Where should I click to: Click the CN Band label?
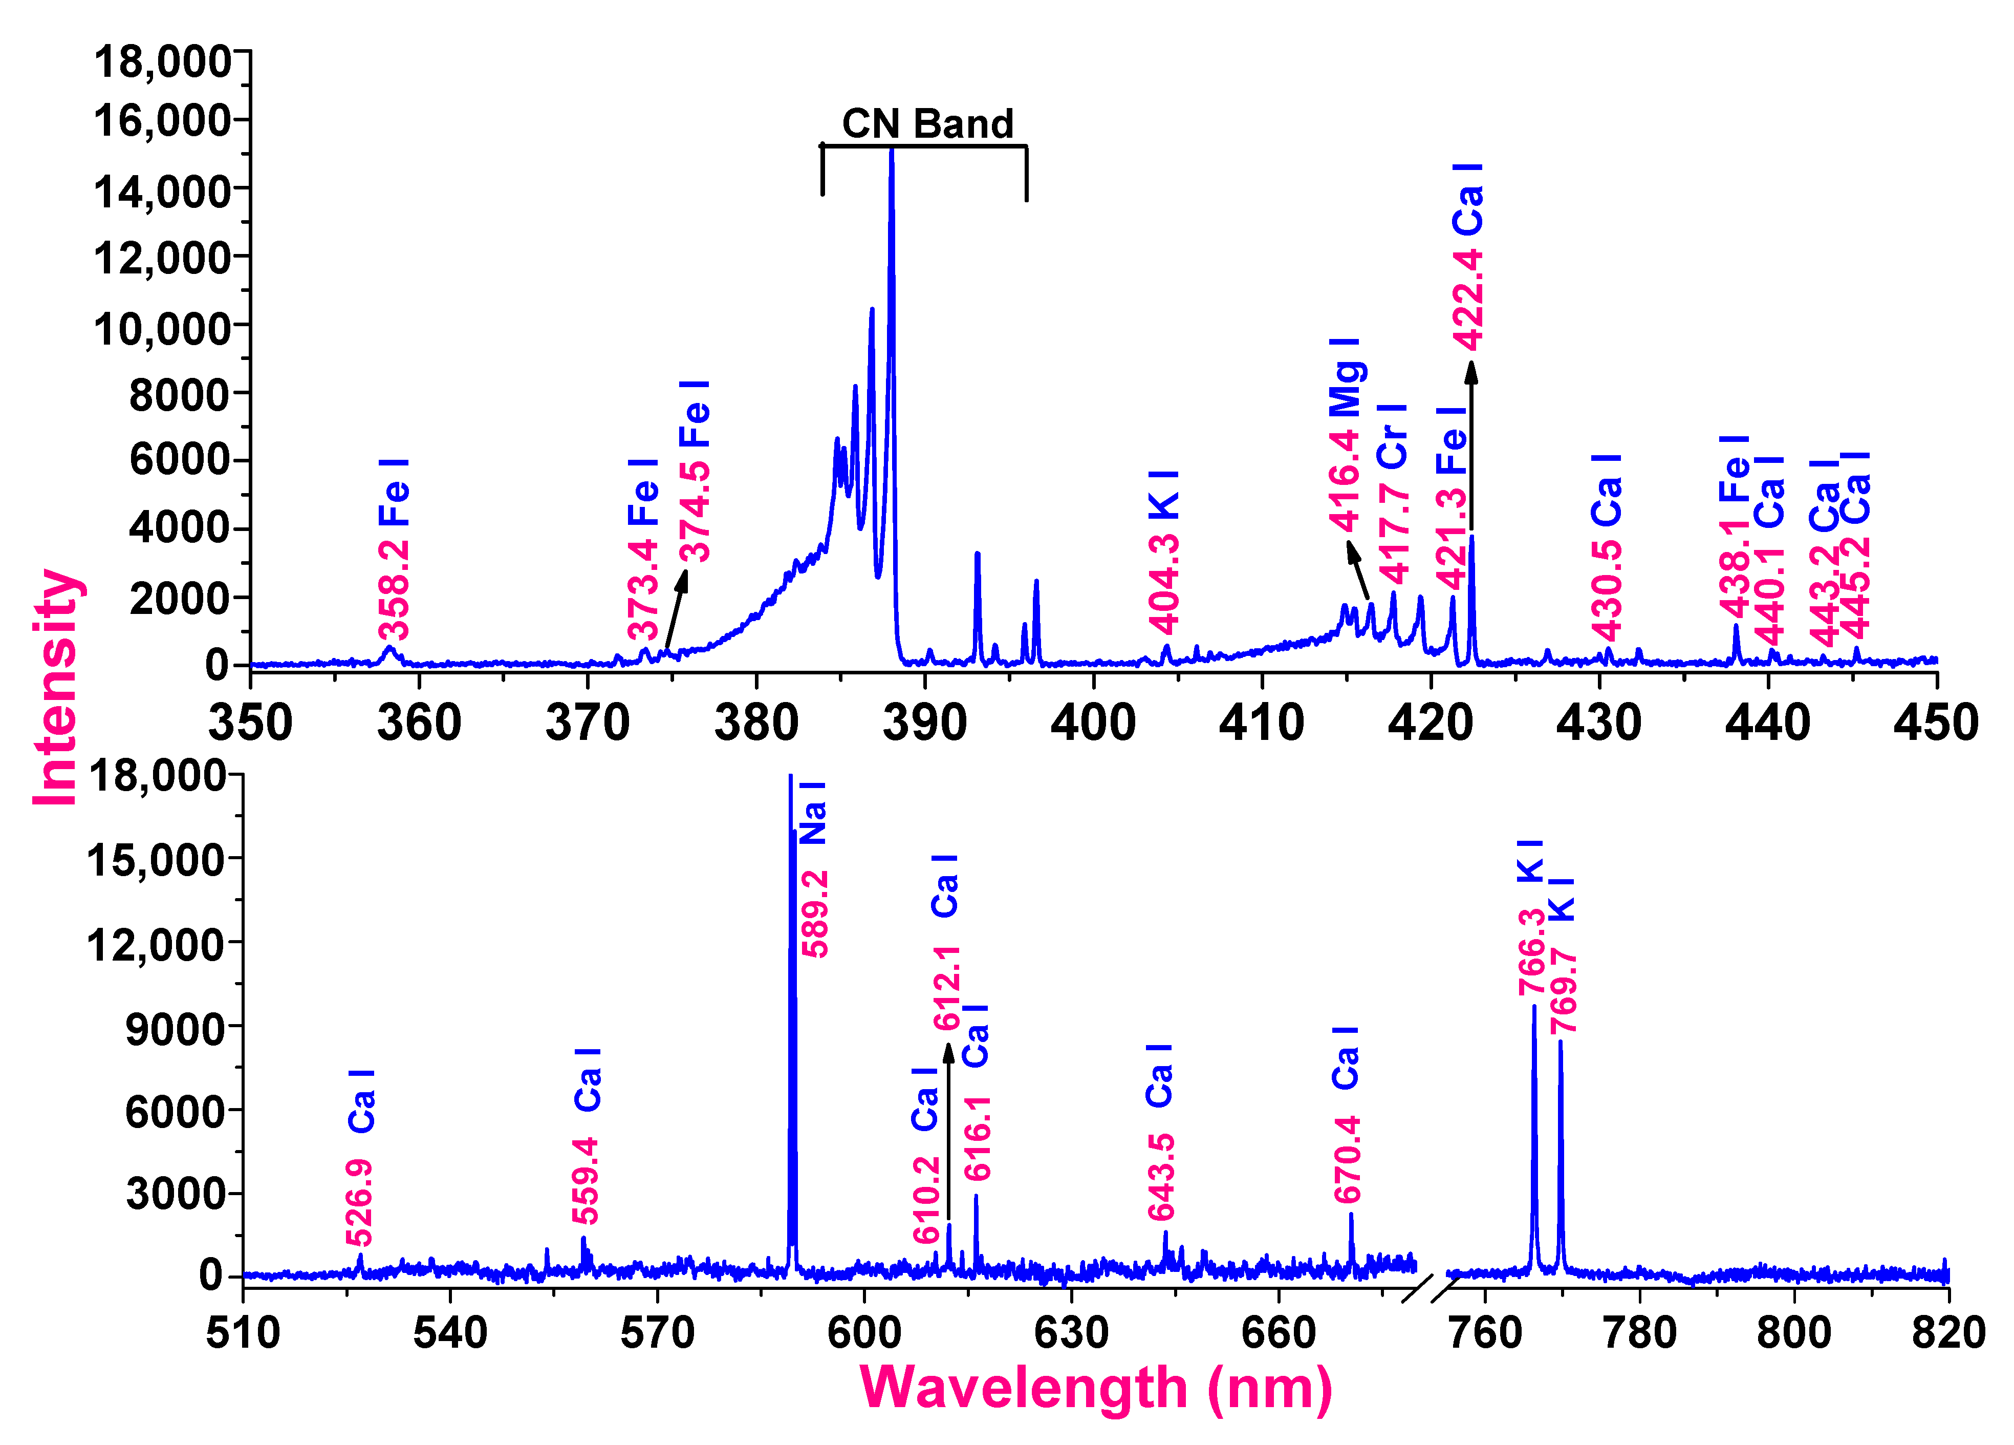[927, 123]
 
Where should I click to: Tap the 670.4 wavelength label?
[1347, 1159]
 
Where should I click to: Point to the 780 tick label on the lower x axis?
[1639, 1333]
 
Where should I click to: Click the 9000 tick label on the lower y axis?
[175, 1029]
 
